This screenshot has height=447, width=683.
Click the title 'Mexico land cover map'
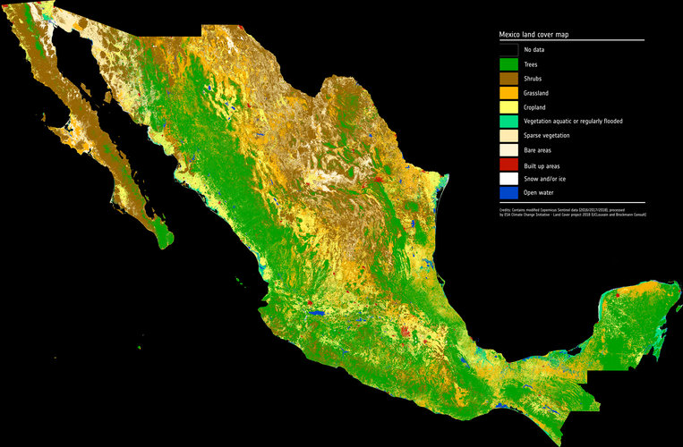534,34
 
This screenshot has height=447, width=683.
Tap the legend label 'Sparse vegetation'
547,136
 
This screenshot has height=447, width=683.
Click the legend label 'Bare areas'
538,150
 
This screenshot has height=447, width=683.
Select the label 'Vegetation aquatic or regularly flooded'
573,121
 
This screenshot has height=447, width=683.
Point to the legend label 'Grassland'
538,92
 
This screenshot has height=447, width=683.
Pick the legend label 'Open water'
539,193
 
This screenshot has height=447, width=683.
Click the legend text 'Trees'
533,63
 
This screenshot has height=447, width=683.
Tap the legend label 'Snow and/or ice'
544,179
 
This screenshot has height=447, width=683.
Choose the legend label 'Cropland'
537,106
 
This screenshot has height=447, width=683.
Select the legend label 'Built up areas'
543,164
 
